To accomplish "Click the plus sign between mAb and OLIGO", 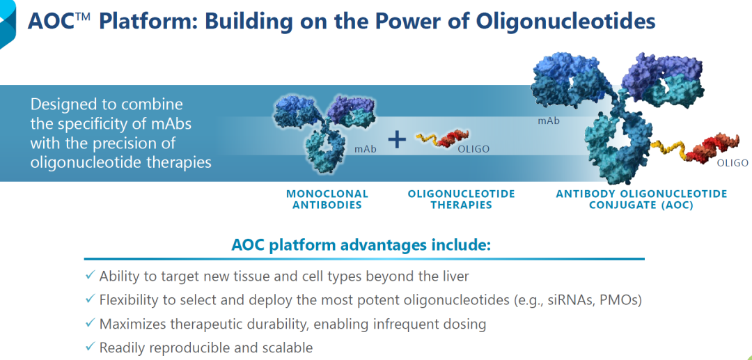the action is pyautogui.click(x=397, y=139).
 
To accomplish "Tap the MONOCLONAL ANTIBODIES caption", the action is pyautogui.click(x=327, y=199).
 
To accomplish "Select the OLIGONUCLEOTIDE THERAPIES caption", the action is pyautogui.click(x=462, y=199).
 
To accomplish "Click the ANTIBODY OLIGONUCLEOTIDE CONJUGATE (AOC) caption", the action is pyautogui.click(x=641, y=199).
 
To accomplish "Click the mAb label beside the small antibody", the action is pyautogui.click(x=366, y=149).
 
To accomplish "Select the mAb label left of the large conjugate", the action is pyautogui.click(x=549, y=120).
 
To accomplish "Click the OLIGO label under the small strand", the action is pyautogui.click(x=473, y=149).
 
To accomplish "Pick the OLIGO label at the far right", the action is pyautogui.click(x=733, y=163).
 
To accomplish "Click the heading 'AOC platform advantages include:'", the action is pyautogui.click(x=361, y=244).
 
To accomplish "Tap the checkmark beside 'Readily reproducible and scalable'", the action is pyautogui.click(x=90, y=346).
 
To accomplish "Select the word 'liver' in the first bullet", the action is pyautogui.click(x=455, y=276).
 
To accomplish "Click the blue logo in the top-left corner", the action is pyautogui.click(x=7, y=24).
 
